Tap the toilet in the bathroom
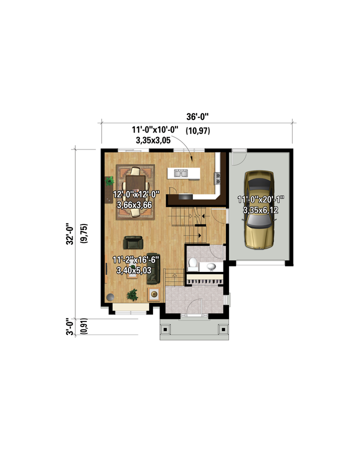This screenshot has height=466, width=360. click(x=192, y=264)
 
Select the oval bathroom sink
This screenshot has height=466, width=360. click(x=211, y=267)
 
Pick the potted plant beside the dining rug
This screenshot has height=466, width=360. click(x=109, y=180)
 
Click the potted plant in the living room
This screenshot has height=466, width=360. click(x=132, y=294)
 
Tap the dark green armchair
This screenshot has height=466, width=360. click(x=133, y=242)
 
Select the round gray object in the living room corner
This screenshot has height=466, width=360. click(x=110, y=297)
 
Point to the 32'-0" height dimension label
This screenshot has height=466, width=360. click(x=70, y=234)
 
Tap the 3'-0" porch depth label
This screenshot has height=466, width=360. click(x=70, y=326)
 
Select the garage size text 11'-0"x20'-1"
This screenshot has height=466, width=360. click(x=260, y=199)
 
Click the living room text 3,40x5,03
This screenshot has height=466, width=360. click(x=134, y=270)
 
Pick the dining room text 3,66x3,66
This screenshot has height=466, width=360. click(x=134, y=205)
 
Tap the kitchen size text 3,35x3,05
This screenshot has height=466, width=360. click(x=153, y=140)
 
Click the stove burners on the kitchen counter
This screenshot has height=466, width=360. click(x=218, y=177)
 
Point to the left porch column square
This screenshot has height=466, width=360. click(x=165, y=328)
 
